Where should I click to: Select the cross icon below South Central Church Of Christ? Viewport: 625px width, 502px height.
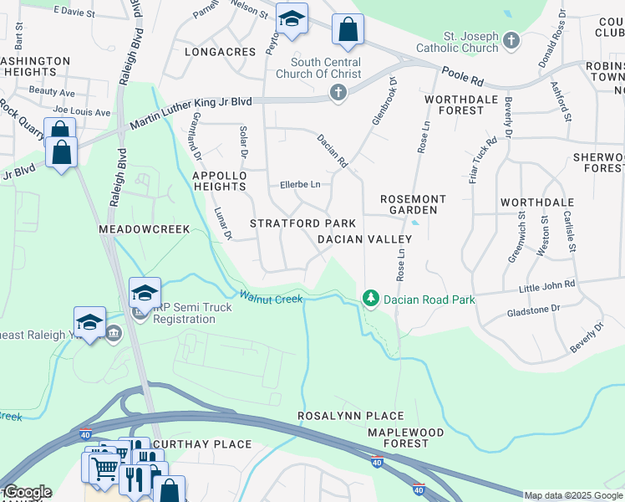338,91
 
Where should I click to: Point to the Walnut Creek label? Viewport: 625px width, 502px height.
271,297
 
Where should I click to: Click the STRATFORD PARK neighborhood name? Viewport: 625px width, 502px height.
303,223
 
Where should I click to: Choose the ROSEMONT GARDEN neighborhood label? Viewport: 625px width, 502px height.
413,204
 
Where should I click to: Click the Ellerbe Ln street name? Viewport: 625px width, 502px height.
300,184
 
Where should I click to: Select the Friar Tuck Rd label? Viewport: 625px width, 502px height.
483,160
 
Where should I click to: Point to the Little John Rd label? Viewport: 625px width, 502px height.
547,285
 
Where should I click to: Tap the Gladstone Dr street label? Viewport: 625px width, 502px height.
533,310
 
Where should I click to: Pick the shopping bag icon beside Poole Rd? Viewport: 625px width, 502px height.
348,30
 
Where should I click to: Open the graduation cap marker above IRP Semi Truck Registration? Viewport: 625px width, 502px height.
145,293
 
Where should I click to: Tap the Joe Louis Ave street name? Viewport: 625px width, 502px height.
81,111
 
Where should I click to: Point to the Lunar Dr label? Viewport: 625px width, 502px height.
221,224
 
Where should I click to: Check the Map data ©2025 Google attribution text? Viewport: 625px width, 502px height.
573,495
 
